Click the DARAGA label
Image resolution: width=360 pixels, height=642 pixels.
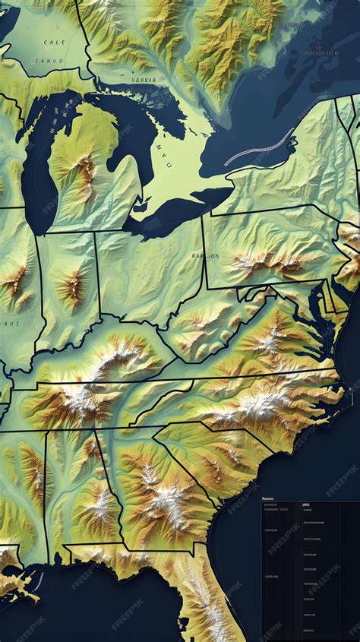point(204,256)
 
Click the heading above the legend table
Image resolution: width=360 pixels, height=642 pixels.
point(270,503)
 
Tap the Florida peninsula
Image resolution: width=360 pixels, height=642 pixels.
point(205,600)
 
